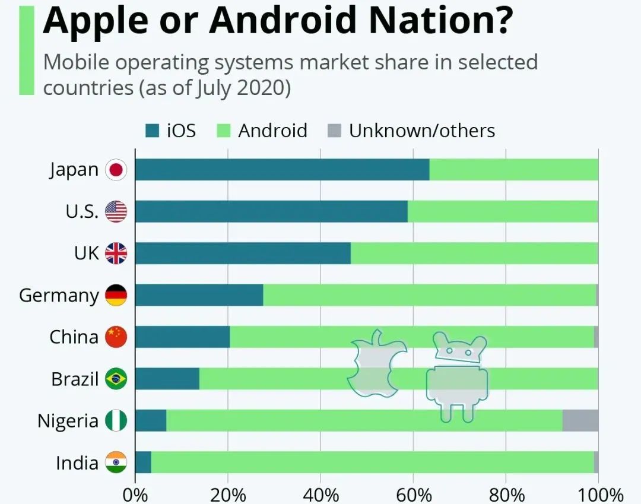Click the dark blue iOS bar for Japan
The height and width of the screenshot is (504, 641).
(282, 170)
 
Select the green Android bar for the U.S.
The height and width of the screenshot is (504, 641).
(503, 211)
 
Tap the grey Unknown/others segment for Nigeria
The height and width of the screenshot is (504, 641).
(580, 420)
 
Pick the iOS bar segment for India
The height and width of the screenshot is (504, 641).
(143, 462)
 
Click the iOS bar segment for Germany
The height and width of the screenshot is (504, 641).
(199, 295)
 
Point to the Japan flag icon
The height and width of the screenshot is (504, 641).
(116, 170)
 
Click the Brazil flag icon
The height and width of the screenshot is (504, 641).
(116, 379)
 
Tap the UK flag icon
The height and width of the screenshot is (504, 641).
(116, 253)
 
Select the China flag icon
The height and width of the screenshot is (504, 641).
(116, 337)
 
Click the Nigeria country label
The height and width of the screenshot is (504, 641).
(68, 421)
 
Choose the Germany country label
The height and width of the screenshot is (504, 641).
(59, 295)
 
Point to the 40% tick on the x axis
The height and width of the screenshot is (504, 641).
(320, 495)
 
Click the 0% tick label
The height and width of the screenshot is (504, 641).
(135, 495)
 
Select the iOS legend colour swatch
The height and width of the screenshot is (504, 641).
(153, 131)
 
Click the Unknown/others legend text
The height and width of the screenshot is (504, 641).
(421, 131)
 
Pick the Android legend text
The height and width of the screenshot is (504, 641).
(272, 131)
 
